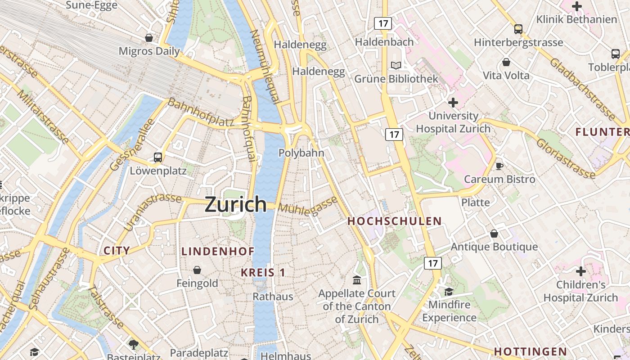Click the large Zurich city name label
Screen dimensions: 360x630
tap(236, 204)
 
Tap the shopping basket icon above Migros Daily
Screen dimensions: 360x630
tap(149, 38)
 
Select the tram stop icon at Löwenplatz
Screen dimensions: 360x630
tap(158, 157)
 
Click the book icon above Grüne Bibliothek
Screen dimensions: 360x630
tap(396, 66)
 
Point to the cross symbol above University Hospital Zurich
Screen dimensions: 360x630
tap(453, 103)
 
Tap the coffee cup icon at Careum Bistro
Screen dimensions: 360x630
tap(499, 166)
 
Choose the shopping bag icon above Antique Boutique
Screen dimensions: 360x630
tap(494, 234)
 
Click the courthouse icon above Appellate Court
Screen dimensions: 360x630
tap(357, 280)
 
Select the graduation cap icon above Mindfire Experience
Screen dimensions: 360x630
tap(449, 292)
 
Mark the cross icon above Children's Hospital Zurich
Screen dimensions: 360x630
tap(581, 271)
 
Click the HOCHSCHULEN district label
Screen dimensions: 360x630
tap(395, 221)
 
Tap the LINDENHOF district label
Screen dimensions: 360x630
tap(218, 252)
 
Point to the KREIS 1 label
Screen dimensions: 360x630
tap(263, 272)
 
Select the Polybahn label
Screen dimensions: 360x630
tap(301, 153)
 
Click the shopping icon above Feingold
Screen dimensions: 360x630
tap(197, 270)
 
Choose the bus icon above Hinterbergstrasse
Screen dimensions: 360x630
tap(518, 29)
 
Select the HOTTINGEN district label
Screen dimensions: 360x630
tap(530, 351)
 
